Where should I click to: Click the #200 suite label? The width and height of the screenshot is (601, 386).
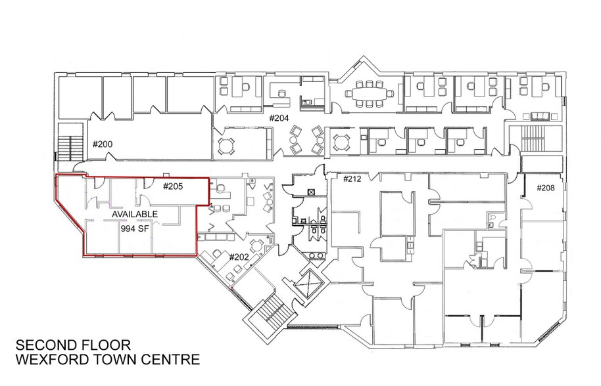tap(103, 144)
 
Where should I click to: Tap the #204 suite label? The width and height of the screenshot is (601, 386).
tap(279, 118)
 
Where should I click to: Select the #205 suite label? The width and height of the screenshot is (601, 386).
tap(173, 186)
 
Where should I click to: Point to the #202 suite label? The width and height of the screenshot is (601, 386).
tap(239, 257)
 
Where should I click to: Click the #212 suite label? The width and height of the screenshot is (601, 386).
tap(352, 179)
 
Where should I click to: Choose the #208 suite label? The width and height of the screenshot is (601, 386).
tap(545, 188)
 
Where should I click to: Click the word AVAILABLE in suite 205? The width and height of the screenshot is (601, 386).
tap(135, 214)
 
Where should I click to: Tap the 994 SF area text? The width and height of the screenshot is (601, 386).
tap(135, 228)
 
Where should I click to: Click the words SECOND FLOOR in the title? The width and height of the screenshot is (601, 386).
tap(73, 345)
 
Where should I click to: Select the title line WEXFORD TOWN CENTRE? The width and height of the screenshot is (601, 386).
tap(107, 360)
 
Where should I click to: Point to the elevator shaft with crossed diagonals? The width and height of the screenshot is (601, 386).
tap(308, 284)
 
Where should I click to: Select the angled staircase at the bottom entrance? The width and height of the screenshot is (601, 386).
tap(271, 313)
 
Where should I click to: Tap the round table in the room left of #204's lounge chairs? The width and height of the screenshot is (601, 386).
tap(225, 145)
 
